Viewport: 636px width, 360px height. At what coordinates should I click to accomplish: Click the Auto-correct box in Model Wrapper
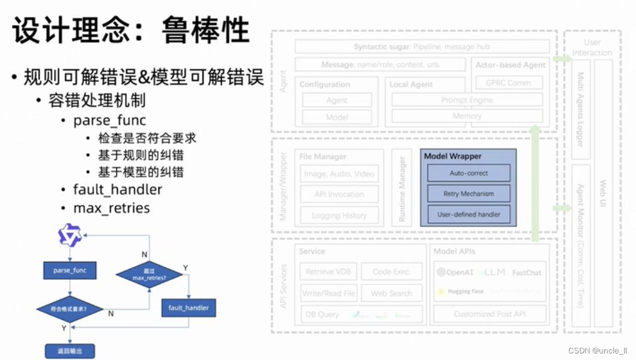point(469,173)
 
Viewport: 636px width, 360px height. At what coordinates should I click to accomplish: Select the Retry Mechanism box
point(469,194)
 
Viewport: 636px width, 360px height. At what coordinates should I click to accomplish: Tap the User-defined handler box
point(469,214)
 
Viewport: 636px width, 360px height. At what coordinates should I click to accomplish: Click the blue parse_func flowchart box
point(70,270)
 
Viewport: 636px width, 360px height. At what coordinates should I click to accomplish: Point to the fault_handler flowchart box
point(189,307)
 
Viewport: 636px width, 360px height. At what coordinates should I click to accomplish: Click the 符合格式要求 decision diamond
point(70,309)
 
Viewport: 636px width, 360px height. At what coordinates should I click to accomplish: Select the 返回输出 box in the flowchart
point(70,351)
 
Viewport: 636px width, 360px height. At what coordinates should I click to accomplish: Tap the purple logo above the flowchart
point(70,235)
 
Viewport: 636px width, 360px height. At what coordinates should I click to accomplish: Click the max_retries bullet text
point(111,208)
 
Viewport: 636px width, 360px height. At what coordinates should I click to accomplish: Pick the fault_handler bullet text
point(118,190)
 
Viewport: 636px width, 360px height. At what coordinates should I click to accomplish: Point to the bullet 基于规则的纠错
point(141,155)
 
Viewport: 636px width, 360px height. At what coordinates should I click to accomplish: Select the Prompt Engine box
point(467,100)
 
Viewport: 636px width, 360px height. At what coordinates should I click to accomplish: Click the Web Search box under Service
point(392,293)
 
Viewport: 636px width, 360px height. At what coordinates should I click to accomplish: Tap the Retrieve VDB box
point(329,271)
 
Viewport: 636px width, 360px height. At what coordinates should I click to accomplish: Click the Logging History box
point(339,215)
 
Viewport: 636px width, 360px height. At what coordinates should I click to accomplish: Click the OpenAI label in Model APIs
point(455,273)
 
